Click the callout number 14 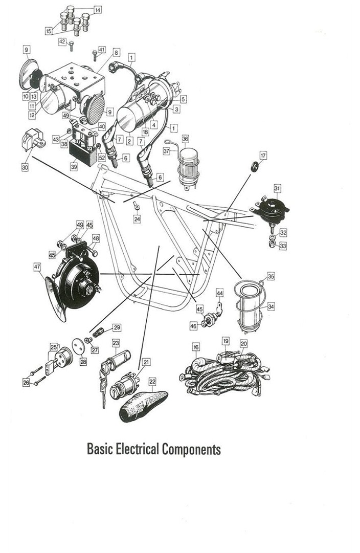coord(97,9)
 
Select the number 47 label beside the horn coord(37,266)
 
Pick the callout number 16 coord(196,347)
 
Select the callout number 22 coord(152,381)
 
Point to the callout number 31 coord(277,189)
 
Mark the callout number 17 coord(263,155)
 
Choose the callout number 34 coord(272,306)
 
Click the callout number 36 coord(185,138)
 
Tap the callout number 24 coord(137,219)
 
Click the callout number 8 coord(117,53)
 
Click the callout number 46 coord(193,325)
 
